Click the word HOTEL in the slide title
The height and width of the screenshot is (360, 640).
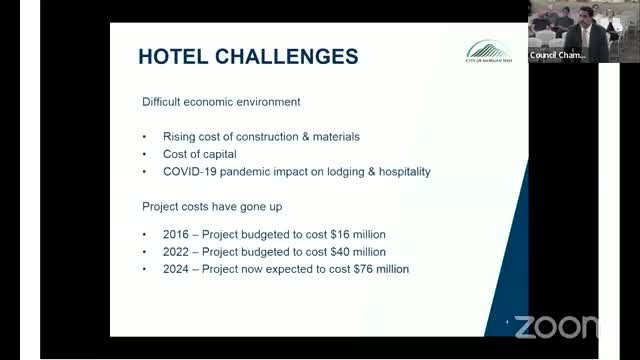coord(172,56)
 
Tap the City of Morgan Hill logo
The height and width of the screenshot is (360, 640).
coord(487,52)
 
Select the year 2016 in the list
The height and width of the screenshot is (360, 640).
coord(176,233)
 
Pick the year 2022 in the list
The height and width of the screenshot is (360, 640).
coord(176,251)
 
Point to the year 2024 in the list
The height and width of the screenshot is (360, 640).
coord(176,269)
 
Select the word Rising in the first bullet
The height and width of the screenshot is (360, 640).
coord(179,136)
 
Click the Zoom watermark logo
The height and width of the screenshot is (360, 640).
coord(556,326)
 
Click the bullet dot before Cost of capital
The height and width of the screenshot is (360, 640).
coord(145,154)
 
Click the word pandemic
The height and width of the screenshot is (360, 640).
coord(250,171)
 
